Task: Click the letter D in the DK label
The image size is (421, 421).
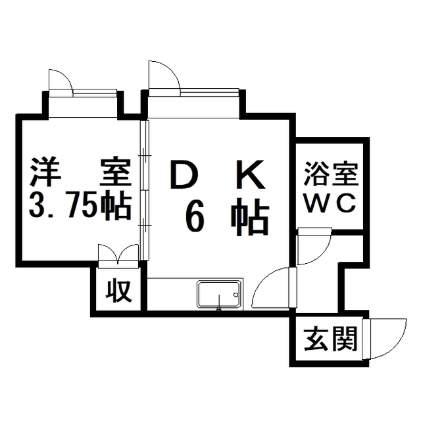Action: click(185, 176)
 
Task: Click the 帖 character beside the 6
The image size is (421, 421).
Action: click(250, 216)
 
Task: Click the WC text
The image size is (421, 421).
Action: click(330, 201)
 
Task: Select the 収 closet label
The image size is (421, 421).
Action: click(119, 290)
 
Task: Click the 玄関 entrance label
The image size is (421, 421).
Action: click(330, 340)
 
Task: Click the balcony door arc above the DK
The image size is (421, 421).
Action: click(163, 74)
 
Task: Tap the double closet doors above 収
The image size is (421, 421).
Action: click(118, 253)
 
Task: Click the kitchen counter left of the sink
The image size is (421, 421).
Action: click(171, 293)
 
